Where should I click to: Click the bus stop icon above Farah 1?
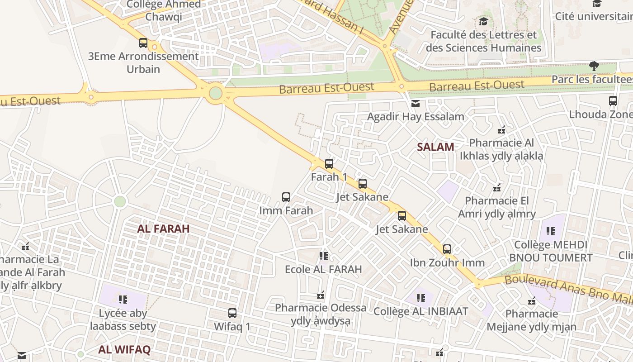point(329,164)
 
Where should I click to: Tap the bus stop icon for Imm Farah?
point(286,197)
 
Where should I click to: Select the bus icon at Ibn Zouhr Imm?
point(447,249)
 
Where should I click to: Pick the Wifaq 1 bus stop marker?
point(232,313)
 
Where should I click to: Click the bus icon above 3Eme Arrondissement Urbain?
point(143,43)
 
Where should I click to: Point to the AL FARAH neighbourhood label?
point(163,229)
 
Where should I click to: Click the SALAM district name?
point(435,147)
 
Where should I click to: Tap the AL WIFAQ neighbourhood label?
point(124,349)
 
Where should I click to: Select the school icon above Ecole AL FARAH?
point(324,256)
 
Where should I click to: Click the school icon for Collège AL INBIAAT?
point(421,298)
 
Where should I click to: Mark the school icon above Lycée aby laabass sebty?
point(123,300)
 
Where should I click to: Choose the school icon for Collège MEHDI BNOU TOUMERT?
point(550,232)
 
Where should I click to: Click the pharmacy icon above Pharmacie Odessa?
point(321,295)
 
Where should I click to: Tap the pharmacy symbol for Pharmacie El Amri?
point(497,187)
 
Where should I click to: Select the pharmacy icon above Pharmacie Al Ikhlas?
point(501,130)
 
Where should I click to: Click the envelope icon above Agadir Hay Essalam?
point(416,104)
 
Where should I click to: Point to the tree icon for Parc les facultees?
point(594,67)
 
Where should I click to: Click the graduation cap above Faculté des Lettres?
point(483,22)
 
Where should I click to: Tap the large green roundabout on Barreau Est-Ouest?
point(216,94)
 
